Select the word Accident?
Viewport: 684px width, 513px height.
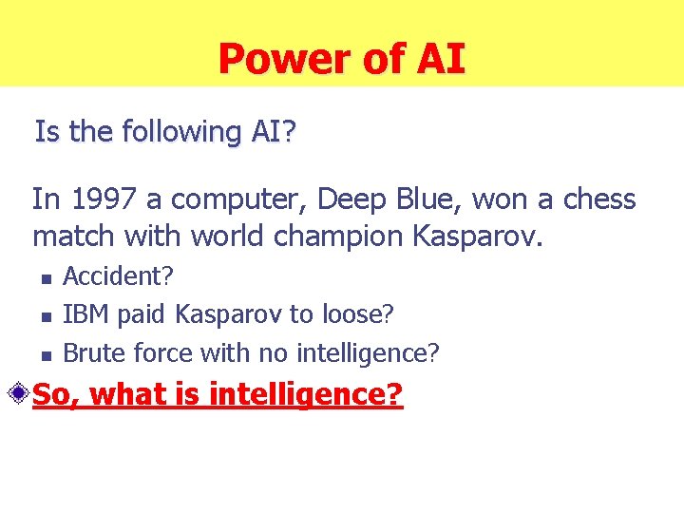pyautogui.click(x=118, y=276)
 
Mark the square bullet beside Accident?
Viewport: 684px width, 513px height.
pyautogui.click(x=44, y=278)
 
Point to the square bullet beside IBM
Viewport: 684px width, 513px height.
pyautogui.click(x=44, y=316)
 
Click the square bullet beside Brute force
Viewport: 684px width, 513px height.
pyautogui.click(x=44, y=355)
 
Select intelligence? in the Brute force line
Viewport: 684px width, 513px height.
pyautogui.click(x=368, y=354)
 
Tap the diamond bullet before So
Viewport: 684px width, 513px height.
pyautogui.click(x=18, y=392)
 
